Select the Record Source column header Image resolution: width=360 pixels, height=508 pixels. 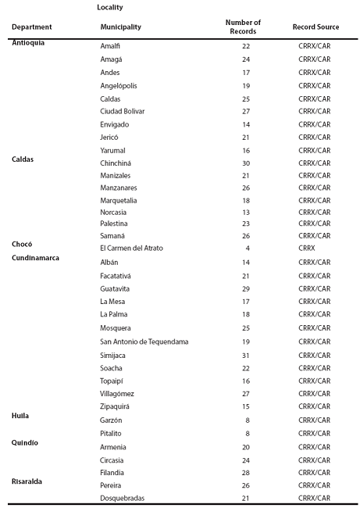click(315, 27)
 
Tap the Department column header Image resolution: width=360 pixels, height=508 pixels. click(31, 27)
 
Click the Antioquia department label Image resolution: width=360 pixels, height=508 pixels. click(28, 43)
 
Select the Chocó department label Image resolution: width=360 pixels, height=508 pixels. click(22, 244)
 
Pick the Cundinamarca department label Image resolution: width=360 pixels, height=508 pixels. click(36, 257)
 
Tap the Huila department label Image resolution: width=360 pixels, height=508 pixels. click(20, 416)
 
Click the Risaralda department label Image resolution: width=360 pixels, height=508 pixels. click(28, 481)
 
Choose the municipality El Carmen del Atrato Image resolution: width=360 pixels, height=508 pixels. click(131, 249)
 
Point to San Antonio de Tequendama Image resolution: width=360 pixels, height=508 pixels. click(144, 342)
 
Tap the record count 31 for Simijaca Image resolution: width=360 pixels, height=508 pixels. click(246, 356)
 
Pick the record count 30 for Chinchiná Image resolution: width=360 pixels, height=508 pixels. click(246, 163)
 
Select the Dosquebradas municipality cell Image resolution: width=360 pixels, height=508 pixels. click(123, 499)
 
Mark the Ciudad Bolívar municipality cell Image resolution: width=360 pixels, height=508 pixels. click(123, 111)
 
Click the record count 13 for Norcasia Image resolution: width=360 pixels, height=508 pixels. click(246, 212)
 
